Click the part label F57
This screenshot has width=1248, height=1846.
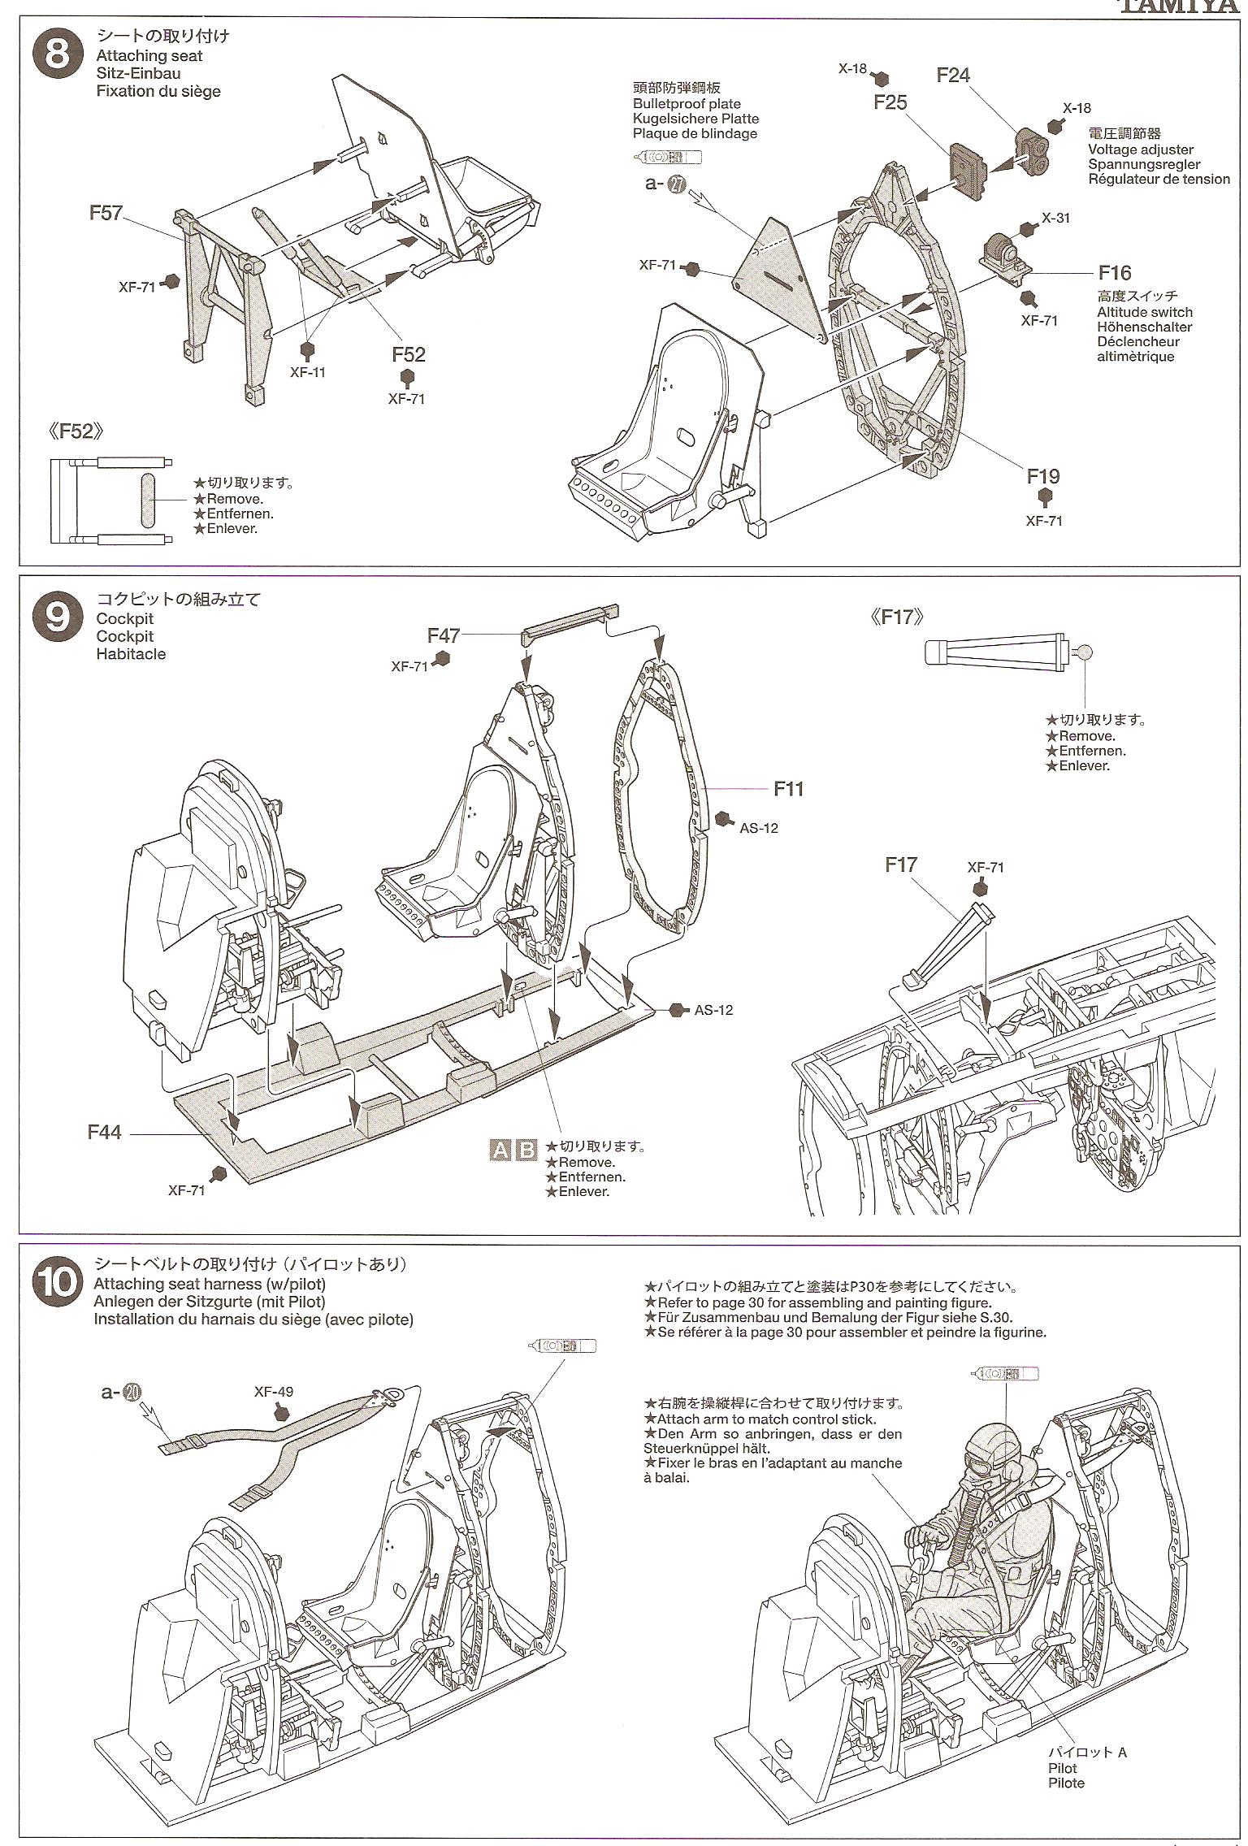106,213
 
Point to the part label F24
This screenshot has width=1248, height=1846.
952,75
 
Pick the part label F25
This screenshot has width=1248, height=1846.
890,102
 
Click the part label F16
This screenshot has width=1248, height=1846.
1114,273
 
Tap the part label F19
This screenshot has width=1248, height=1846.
1042,475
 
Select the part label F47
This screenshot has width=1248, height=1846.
444,635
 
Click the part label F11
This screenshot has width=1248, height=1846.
788,788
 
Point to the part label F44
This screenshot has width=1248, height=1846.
105,1132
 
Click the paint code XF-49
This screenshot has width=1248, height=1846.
273,1391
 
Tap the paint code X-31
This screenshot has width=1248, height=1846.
1055,218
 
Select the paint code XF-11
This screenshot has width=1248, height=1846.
307,372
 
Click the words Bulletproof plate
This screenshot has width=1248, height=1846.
687,104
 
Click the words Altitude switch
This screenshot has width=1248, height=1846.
1144,312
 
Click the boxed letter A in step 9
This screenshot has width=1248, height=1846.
500,1150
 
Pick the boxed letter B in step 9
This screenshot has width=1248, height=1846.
527,1150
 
